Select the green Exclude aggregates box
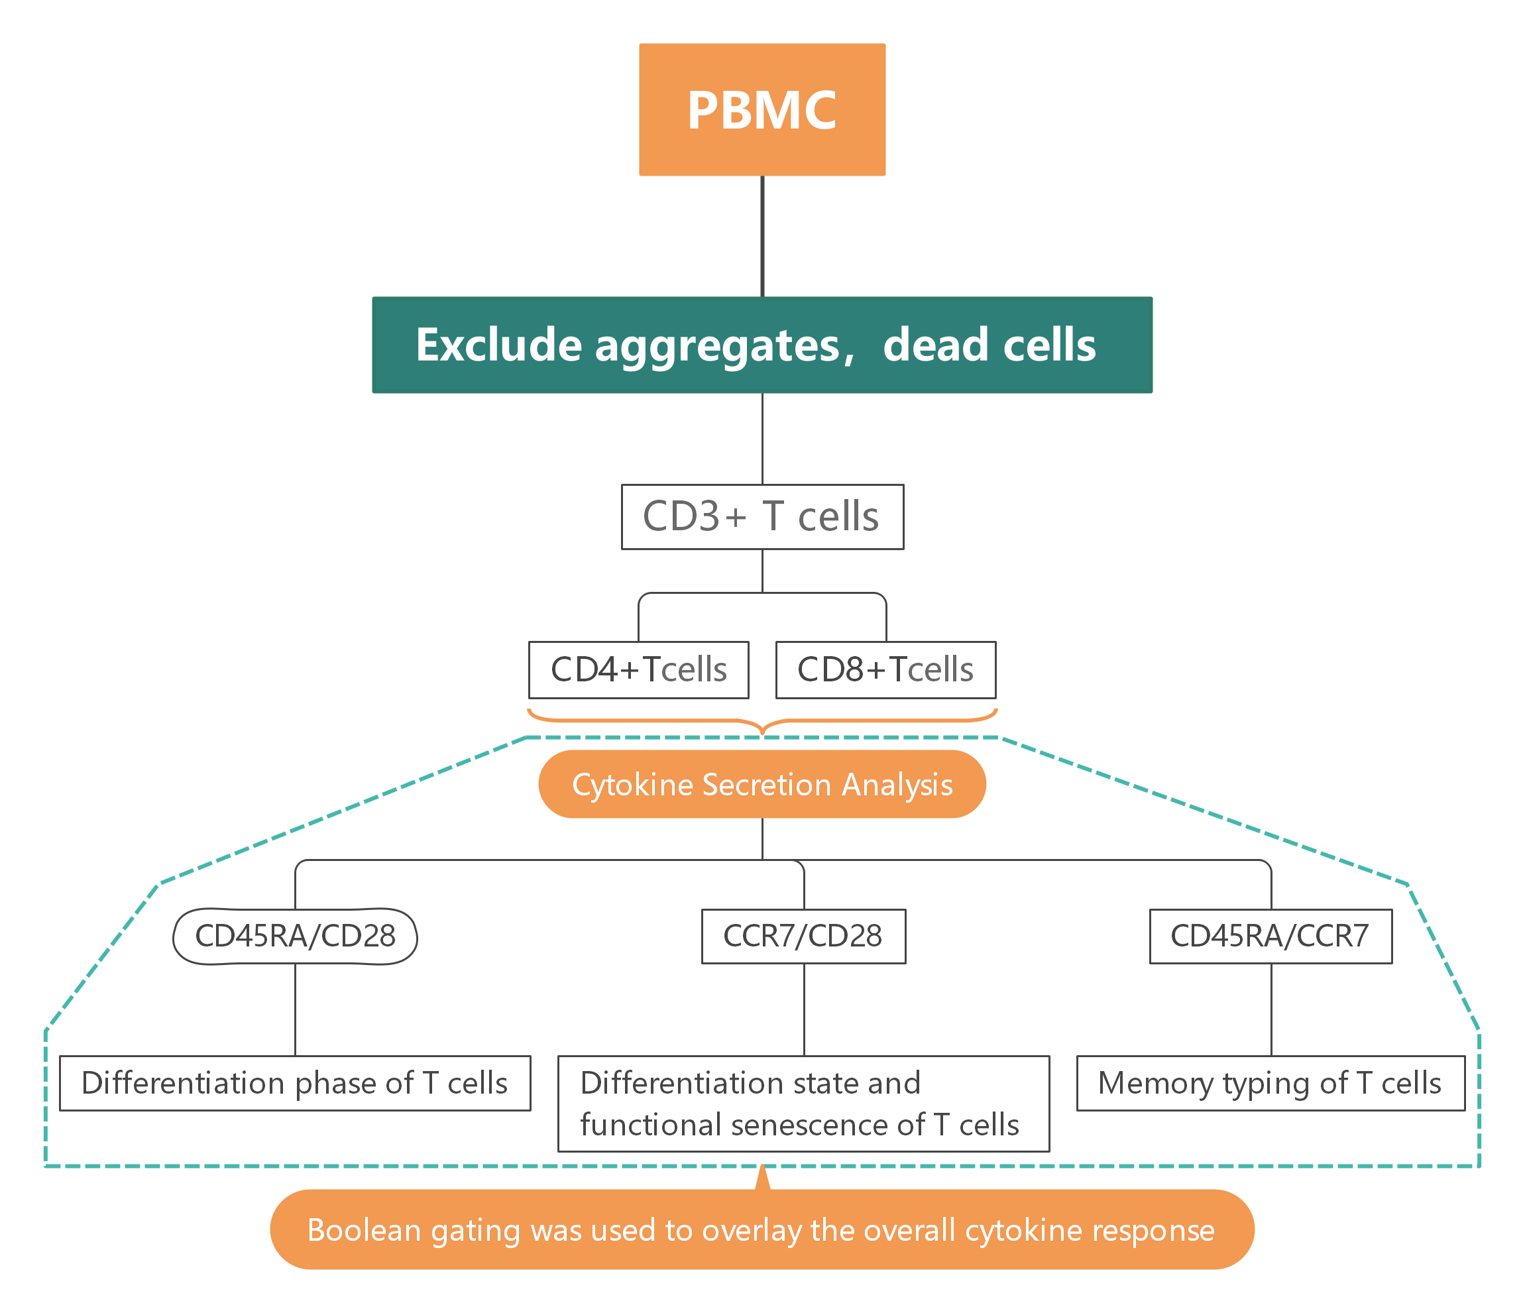762,345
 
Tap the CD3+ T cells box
762,517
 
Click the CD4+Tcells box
638,669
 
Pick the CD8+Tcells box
885,669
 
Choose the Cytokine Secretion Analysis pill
762,785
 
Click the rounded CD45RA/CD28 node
295,936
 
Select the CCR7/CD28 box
803,936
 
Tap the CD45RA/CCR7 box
1271,936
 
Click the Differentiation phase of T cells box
294,1084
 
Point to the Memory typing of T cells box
1271,1084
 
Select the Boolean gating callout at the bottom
762,1230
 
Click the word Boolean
364,1231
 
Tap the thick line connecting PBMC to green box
762,235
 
